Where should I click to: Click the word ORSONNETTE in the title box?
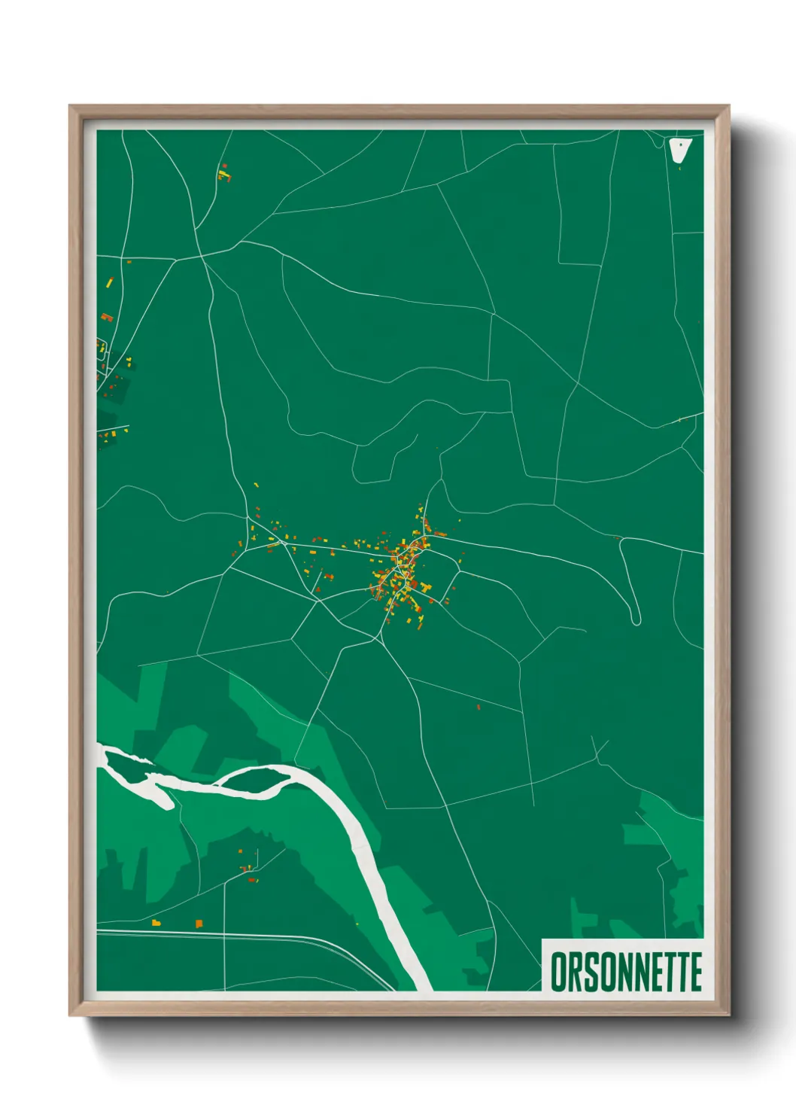pos(626,972)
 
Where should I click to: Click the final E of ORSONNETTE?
pos(695,972)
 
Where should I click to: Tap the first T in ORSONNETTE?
pos(666,972)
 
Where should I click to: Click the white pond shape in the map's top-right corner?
pos(679,150)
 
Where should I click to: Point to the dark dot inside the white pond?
pos(680,145)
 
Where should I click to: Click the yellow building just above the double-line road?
pos(156,923)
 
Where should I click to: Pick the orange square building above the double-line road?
pos(199,923)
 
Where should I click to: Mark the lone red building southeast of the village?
pos(479,707)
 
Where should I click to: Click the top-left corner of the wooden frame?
pos(71,108)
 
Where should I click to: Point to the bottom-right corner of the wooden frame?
pos(728,1014)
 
